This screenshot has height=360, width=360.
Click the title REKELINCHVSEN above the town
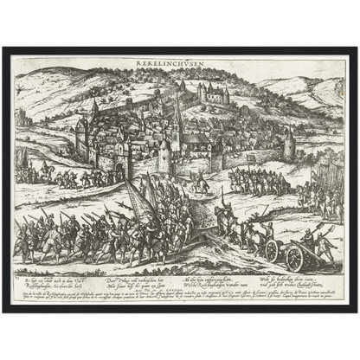[179, 62]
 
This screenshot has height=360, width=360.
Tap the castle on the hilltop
[214, 92]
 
